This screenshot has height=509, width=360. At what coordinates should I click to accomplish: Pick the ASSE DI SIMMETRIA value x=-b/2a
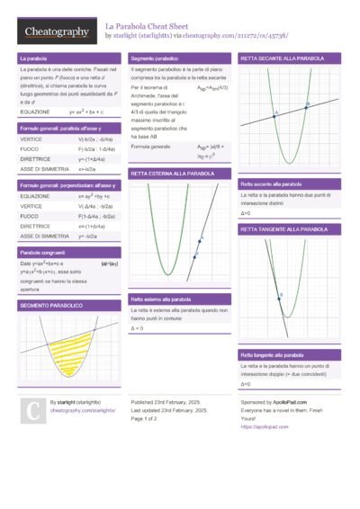[87, 169]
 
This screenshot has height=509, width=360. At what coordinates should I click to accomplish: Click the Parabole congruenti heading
[44, 253]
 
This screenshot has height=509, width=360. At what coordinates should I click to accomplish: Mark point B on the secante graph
[307, 105]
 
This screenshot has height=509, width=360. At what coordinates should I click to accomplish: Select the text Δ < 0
[138, 328]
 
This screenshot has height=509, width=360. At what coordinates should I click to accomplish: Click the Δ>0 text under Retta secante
[246, 213]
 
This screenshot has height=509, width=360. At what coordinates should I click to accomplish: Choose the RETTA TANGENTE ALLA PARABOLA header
[283, 229]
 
